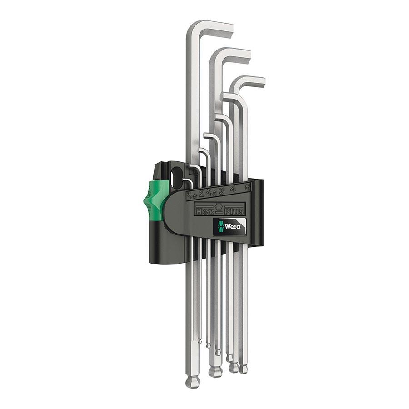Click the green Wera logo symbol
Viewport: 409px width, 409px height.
point(221,226)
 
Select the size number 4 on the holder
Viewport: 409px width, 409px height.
point(233,189)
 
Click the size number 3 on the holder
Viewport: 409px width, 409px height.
point(221,191)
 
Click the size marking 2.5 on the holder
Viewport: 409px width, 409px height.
point(210,193)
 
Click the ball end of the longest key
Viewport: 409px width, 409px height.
point(192,381)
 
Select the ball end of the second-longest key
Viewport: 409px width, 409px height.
point(215,371)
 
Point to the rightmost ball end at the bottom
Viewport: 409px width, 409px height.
point(244,368)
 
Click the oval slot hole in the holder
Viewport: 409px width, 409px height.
point(176,175)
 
